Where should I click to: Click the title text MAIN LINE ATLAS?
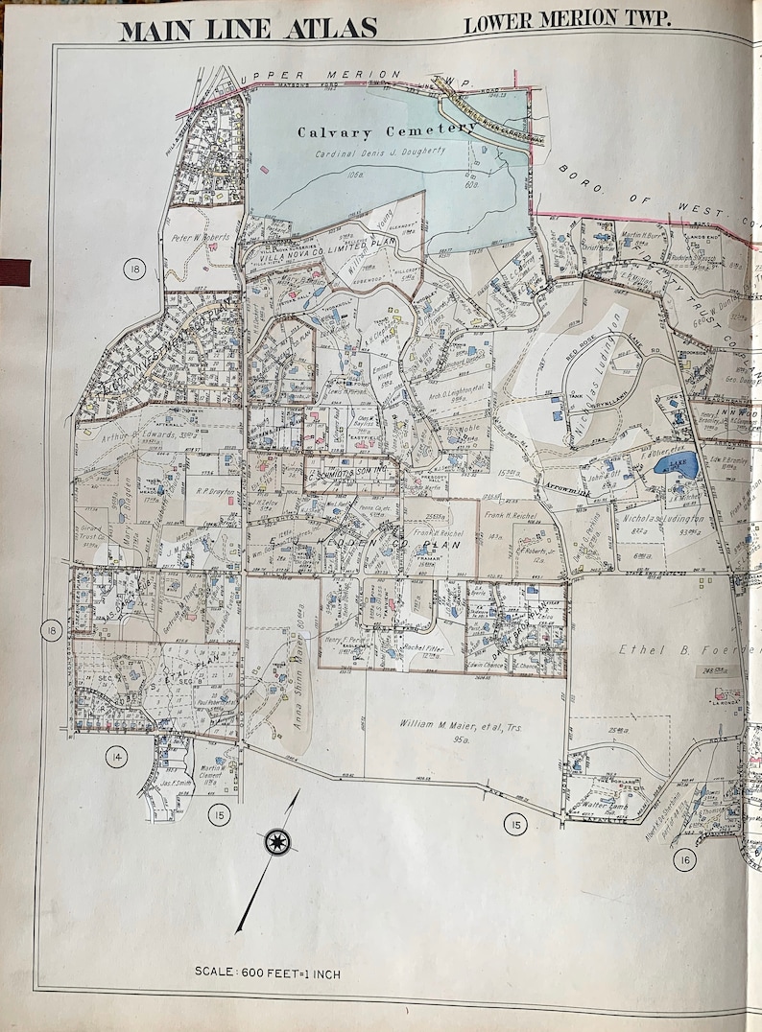coord(248,28)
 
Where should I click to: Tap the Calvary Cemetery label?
coord(386,130)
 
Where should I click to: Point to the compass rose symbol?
coord(276,842)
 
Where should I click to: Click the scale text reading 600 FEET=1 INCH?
coord(267,973)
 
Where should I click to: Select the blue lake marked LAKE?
coord(674,467)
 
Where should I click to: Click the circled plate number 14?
coord(116,758)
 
